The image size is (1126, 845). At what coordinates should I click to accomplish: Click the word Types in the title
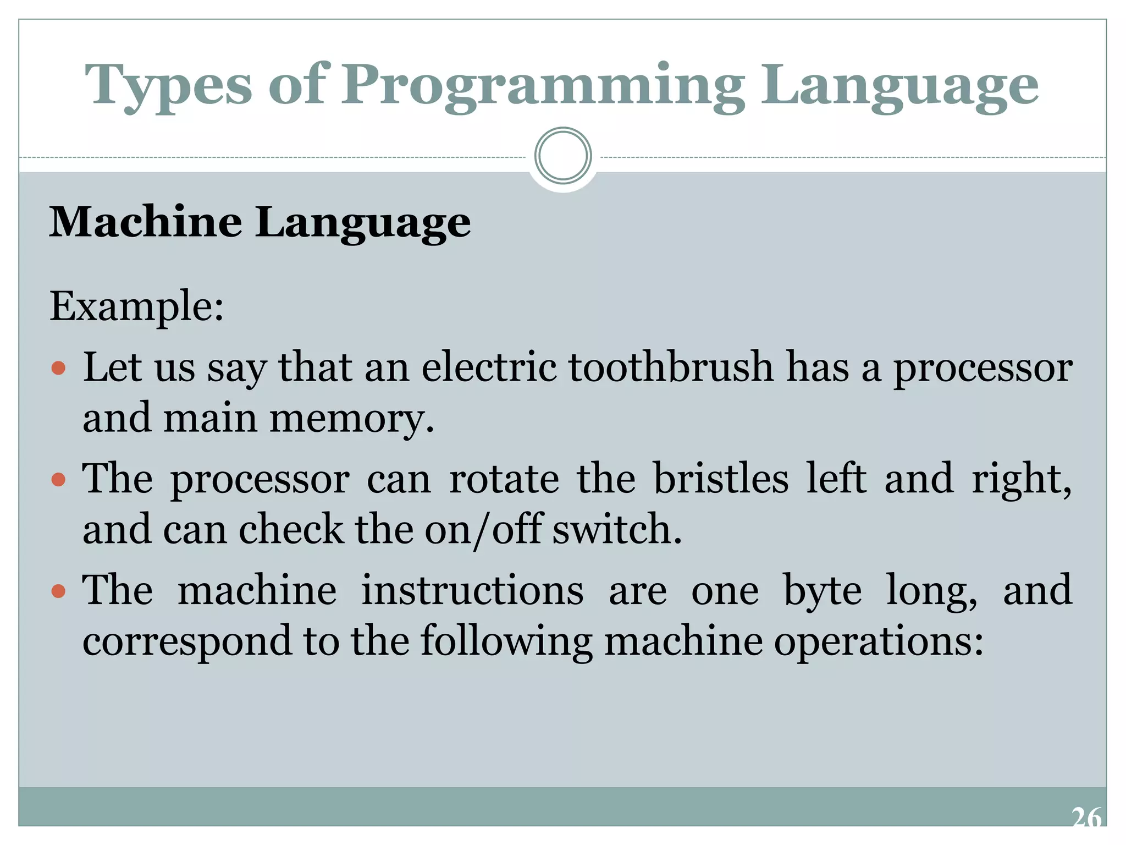point(168,85)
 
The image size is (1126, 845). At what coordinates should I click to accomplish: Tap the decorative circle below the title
point(562,156)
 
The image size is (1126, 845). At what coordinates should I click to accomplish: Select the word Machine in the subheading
point(146,222)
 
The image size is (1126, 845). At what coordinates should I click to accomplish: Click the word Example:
point(137,306)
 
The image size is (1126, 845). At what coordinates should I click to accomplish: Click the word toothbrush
point(671,367)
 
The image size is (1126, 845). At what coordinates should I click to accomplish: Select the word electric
point(489,367)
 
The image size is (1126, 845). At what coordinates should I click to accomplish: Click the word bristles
point(720,478)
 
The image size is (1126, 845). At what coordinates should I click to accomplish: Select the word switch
point(616,529)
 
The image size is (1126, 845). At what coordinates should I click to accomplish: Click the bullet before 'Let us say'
point(58,367)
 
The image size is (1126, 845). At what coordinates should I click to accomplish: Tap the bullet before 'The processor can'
point(58,479)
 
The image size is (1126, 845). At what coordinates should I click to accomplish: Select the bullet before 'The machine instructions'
point(58,591)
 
